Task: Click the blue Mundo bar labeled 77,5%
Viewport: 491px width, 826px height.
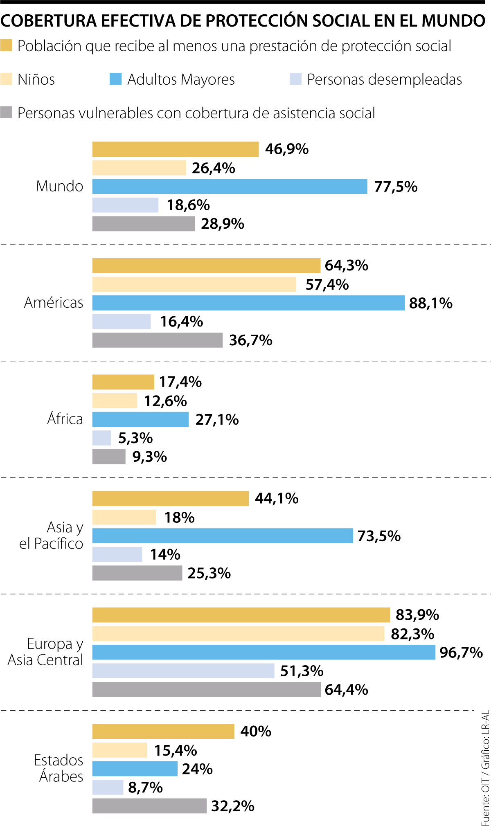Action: [x=230, y=187]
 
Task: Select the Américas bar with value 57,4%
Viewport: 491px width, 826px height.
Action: [x=194, y=284]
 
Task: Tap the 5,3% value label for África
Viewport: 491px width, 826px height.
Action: [x=135, y=438]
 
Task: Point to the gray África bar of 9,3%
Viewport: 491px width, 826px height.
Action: [x=109, y=457]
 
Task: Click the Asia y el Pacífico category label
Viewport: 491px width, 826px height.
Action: [x=51, y=536]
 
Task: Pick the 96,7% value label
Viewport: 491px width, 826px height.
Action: [x=461, y=653]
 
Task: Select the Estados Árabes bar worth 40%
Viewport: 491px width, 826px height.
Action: [x=163, y=731]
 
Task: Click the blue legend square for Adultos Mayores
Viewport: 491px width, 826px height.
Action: [x=115, y=79]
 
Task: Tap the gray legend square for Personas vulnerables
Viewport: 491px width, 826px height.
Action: [x=6, y=113]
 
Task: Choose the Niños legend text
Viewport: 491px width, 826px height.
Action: [x=36, y=79]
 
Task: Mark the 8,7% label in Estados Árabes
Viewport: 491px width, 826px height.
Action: [x=145, y=788]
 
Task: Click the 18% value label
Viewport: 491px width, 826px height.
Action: [x=179, y=518]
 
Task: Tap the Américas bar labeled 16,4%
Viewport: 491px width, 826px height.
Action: [x=122, y=322]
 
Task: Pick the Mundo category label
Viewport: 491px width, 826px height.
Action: [x=60, y=187]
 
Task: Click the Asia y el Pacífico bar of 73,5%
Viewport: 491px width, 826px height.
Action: [x=223, y=536]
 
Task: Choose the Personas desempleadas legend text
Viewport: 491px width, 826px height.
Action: [x=384, y=79]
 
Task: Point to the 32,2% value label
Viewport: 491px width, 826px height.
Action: [x=232, y=806]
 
